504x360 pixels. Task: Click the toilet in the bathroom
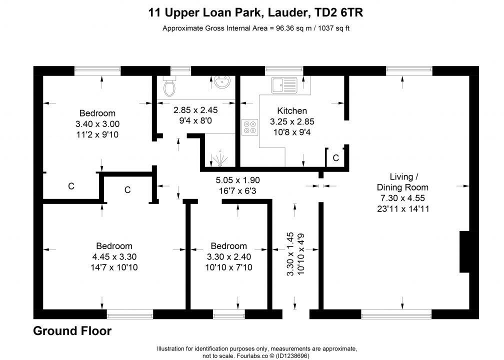coord(170,86)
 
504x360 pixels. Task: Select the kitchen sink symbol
coord(284,84)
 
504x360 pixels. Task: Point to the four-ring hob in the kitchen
coord(249,127)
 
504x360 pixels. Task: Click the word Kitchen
coord(292,111)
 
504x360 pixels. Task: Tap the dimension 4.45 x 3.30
coord(114,257)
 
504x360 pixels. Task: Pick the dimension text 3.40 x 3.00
coord(97,124)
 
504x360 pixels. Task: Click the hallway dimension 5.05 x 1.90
coord(238,180)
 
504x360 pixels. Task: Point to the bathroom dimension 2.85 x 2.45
coord(195,109)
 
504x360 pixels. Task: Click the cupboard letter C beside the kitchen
coord(336,158)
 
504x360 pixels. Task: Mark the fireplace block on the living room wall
coord(464,252)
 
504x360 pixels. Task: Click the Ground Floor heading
coord(72,331)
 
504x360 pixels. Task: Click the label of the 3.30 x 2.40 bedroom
coord(228,246)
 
